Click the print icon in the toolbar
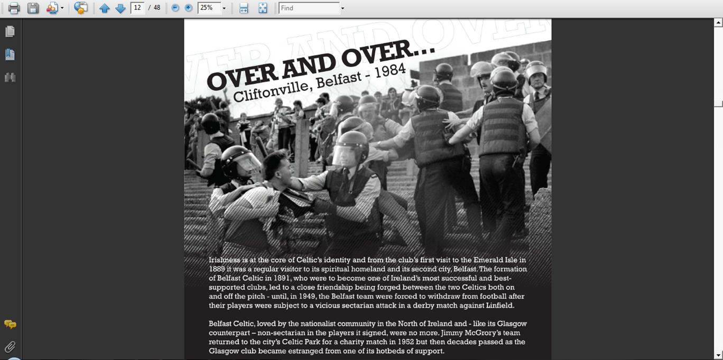coord(14,8)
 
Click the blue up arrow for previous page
coord(105,8)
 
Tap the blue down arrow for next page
coord(121,8)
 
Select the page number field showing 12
coord(137,8)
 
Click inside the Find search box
coord(309,8)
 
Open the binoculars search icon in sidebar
coord(10,78)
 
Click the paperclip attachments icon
coord(10,347)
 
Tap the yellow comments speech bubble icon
coord(10,324)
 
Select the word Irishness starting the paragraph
coord(224,260)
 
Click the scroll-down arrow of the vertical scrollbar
coord(718,355)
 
